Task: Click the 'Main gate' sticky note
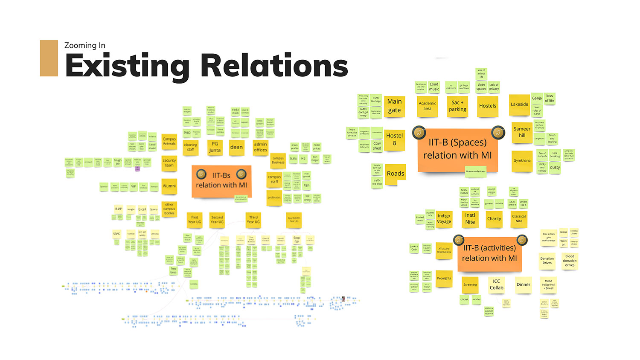click(x=394, y=106)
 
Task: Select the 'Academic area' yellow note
click(x=428, y=106)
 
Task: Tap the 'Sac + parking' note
click(x=457, y=106)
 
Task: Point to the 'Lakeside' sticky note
click(x=519, y=105)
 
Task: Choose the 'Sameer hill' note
click(x=522, y=132)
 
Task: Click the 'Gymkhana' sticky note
click(x=522, y=161)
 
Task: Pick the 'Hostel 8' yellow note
click(x=394, y=139)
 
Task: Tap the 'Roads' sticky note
click(x=395, y=174)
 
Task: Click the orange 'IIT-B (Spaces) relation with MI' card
click(x=457, y=149)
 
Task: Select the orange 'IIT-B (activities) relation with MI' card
click(x=489, y=253)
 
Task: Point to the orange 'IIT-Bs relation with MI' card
click(x=221, y=181)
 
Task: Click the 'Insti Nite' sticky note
click(x=470, y=219)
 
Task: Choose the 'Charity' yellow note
click(x=494, y=219)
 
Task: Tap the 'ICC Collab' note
click(x=496, y=285)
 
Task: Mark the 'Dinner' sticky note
click(x=523, y=285)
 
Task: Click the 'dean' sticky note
click(x=236, y=148)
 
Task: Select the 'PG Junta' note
click(x=215, y=148)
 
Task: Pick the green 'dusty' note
click(x=555, y=168)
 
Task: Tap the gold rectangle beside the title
click(x=49, y=58)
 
